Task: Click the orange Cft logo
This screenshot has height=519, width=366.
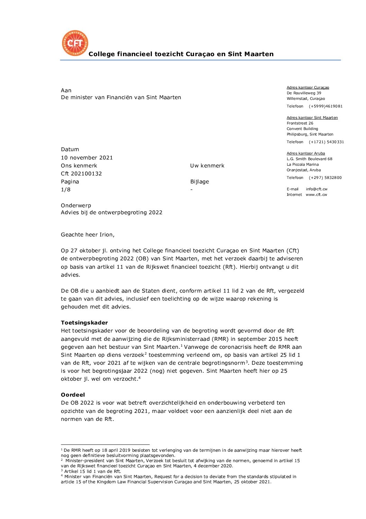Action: tap(75, 43)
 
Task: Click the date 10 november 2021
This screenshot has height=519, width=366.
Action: tap(87, 158)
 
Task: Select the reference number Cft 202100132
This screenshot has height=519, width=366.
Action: tap(81, 174)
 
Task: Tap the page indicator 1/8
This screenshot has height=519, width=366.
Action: tap(66, 190)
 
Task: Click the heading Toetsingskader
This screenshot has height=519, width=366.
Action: tap(84, 323)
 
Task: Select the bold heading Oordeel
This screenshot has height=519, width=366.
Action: tap(73, 395)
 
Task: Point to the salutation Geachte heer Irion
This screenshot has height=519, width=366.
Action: tap(88, 235)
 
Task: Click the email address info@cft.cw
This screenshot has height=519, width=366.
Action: tap(317, 189)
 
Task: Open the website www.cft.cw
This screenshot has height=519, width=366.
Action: tap(316, 194)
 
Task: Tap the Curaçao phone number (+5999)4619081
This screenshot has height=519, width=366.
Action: tap(326, 106)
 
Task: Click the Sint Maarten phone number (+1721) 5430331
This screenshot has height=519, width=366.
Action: tap(326, 142)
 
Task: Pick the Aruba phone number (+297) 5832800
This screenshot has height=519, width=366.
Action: tap(325, 178)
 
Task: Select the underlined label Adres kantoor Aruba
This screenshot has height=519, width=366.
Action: tap(306, 153)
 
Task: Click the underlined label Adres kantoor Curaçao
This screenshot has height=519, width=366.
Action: tap(308, 87)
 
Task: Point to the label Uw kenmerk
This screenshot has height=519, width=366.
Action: tap(207, 166)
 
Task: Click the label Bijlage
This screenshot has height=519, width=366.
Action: tap(200, 182)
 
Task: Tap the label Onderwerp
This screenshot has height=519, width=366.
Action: tap(76, 206)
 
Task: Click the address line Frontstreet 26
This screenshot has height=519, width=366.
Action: tap(300, 123)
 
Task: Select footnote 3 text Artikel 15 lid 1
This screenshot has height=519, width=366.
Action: tap(92, 471)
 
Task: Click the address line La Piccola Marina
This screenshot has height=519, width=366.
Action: tap(303, 164)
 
